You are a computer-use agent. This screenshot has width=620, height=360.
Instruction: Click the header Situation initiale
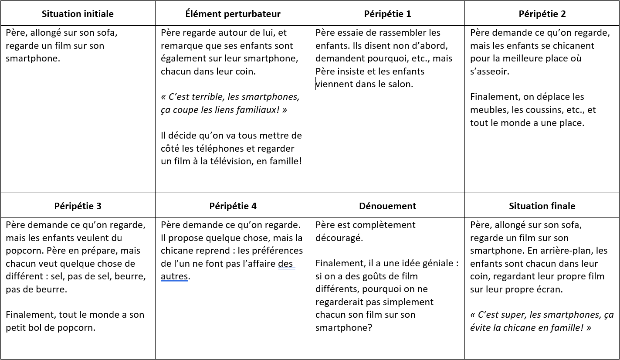coord(78,14)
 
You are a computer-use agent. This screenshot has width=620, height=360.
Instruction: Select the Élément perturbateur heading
coord(233,14)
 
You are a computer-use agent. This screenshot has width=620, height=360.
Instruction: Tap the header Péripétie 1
coord(387,14)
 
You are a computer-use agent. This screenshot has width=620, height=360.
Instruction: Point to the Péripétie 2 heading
coord(542,14)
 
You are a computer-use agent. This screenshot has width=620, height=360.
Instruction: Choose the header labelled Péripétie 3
coord(78,206)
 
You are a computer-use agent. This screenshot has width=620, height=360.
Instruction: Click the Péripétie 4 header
coord(233,206)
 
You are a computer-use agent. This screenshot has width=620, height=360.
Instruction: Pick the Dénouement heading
coord(387,206)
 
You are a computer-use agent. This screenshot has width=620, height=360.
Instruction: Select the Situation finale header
coord(542,206)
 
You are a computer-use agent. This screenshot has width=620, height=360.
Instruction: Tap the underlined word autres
coord(174,276)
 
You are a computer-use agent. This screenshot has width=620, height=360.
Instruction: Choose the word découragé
coord(339,238)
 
